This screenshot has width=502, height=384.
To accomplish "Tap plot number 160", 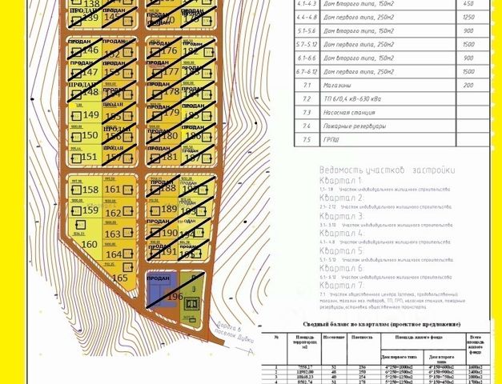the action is coord(90,244).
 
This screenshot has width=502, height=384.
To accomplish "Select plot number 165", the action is coord(120,278).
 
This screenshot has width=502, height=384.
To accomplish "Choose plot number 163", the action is coord(113,234).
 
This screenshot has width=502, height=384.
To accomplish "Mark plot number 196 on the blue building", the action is coord(175,296).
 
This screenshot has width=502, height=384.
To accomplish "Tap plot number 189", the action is coord(170,210).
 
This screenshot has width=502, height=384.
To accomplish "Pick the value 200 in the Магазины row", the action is coord(468,85).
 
